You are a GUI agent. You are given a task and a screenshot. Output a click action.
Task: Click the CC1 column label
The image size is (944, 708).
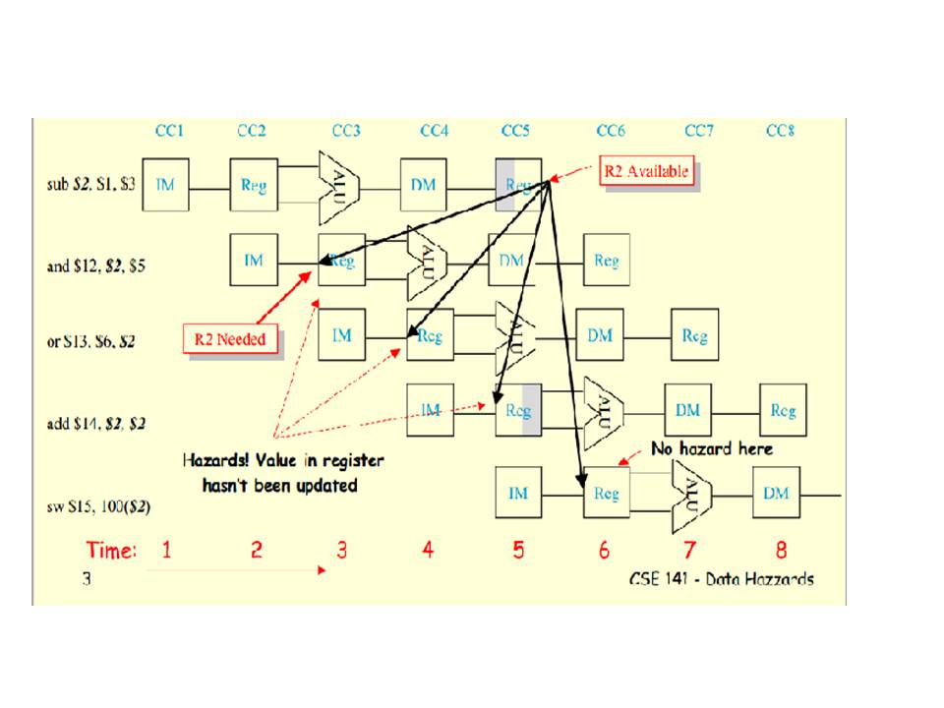tap(169, 131)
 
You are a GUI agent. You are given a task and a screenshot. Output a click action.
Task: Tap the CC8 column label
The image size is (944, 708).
tap(780, 131)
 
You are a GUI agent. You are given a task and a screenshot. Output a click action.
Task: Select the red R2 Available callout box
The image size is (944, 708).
tap(646, 171)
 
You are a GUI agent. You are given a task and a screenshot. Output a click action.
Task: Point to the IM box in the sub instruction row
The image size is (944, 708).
tap(165, 185)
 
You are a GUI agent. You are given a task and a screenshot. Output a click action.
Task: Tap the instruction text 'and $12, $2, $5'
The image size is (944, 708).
tap(96, 265)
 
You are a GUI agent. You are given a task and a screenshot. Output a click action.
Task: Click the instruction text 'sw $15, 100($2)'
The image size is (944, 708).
tap(90, 508)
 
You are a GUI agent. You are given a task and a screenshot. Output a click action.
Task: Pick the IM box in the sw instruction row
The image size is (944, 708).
tap(518, 495)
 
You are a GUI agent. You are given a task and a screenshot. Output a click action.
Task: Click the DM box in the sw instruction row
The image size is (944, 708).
tap(776, 494)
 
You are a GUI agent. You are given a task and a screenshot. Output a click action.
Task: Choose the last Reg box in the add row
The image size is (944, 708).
tap(783, 410)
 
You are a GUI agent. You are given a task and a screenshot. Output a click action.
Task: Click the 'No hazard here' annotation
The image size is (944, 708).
tap(712, 448)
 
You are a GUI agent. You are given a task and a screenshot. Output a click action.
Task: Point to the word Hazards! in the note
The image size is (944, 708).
tap(215, 460)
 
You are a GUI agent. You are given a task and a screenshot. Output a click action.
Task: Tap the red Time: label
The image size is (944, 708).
tap(111, 550)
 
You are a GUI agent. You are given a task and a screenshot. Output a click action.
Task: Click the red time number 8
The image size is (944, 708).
tap(781, 550)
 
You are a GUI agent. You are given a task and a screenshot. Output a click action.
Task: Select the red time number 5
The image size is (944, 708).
tap(518, 550)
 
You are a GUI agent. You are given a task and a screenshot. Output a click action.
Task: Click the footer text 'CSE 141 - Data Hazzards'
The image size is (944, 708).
tap(721, 579)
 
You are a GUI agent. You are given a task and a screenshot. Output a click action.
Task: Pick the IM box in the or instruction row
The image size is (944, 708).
tap(341, 336)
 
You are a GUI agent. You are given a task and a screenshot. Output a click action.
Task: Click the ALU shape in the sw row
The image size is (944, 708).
tap(692, 493)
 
